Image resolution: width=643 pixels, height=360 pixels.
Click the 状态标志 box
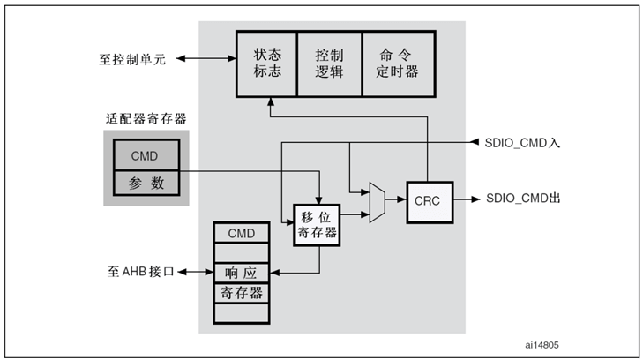267,64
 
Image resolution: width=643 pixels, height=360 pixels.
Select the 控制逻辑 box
330,64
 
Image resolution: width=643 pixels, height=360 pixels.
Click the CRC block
427,200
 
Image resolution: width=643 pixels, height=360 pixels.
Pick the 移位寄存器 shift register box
318,224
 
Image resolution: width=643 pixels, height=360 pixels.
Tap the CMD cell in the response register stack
242,233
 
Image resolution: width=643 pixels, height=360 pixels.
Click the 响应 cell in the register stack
242,273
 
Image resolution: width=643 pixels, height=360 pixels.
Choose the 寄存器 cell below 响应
242,292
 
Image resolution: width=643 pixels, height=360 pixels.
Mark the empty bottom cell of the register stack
242,313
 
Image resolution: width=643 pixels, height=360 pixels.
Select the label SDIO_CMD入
522,142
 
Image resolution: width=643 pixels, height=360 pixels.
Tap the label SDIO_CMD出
522,200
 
